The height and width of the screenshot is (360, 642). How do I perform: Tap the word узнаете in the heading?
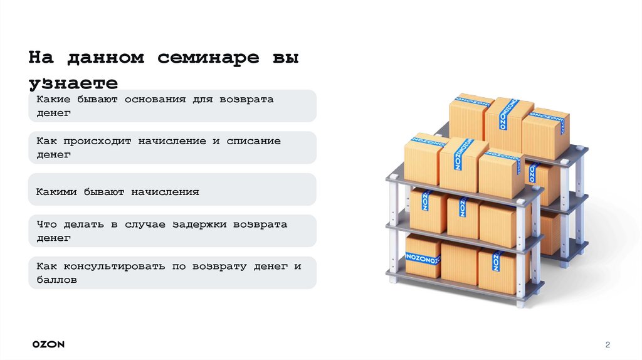[x=73, y=83]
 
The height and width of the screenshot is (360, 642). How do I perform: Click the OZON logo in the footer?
[x=49, y=344]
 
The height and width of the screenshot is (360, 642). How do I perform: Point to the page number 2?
[x=608, y=345]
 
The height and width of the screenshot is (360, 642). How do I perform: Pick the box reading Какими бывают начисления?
[x=172, y=189]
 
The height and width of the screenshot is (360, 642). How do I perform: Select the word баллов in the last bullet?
[x=56, y=280]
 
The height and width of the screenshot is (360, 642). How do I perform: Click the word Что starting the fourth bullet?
[x=46, y=225]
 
